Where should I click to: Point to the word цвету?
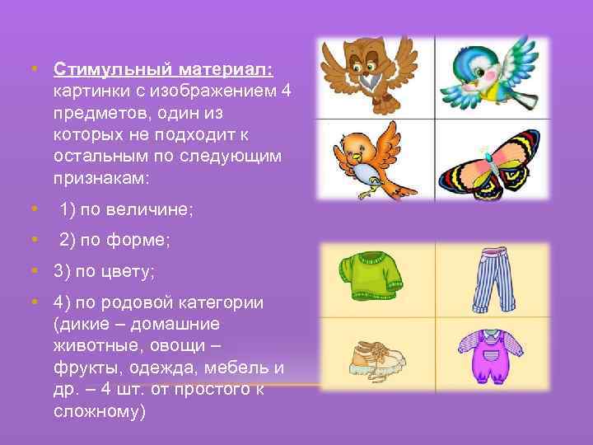tap(125, 270)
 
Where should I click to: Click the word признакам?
tap(100, 176)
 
